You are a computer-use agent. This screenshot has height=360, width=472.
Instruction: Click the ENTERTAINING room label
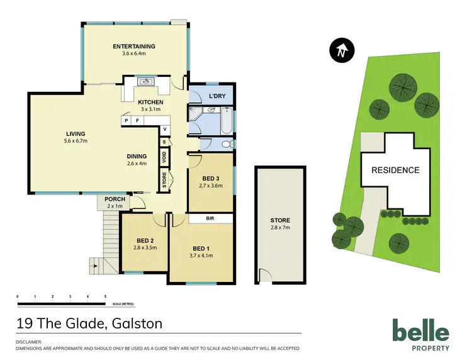[x=133, y=47]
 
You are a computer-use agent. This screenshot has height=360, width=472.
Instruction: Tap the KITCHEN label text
[x=150, y=102]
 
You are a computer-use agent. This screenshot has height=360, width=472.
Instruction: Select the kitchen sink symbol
[x=147, y=82]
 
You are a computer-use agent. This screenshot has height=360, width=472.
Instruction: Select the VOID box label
[x=164, y=159]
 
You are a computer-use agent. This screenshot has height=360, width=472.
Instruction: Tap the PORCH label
[x=115, y=200]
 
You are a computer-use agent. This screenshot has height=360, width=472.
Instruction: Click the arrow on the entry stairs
[x=95, y=266]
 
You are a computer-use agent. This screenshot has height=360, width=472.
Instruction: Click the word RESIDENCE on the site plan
[x=395, y=170]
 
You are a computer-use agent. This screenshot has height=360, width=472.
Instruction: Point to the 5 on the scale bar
[x=105, y=296]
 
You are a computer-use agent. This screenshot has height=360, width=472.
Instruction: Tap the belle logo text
[x=420, y=331]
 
